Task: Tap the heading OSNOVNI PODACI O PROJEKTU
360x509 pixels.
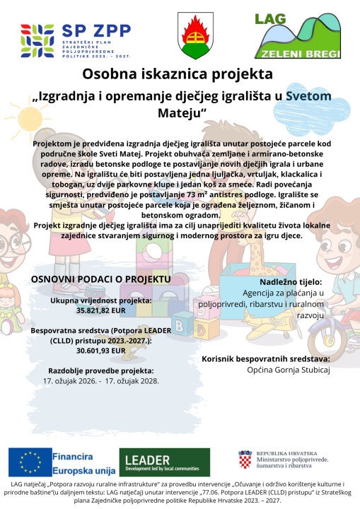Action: tap(101, 279)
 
